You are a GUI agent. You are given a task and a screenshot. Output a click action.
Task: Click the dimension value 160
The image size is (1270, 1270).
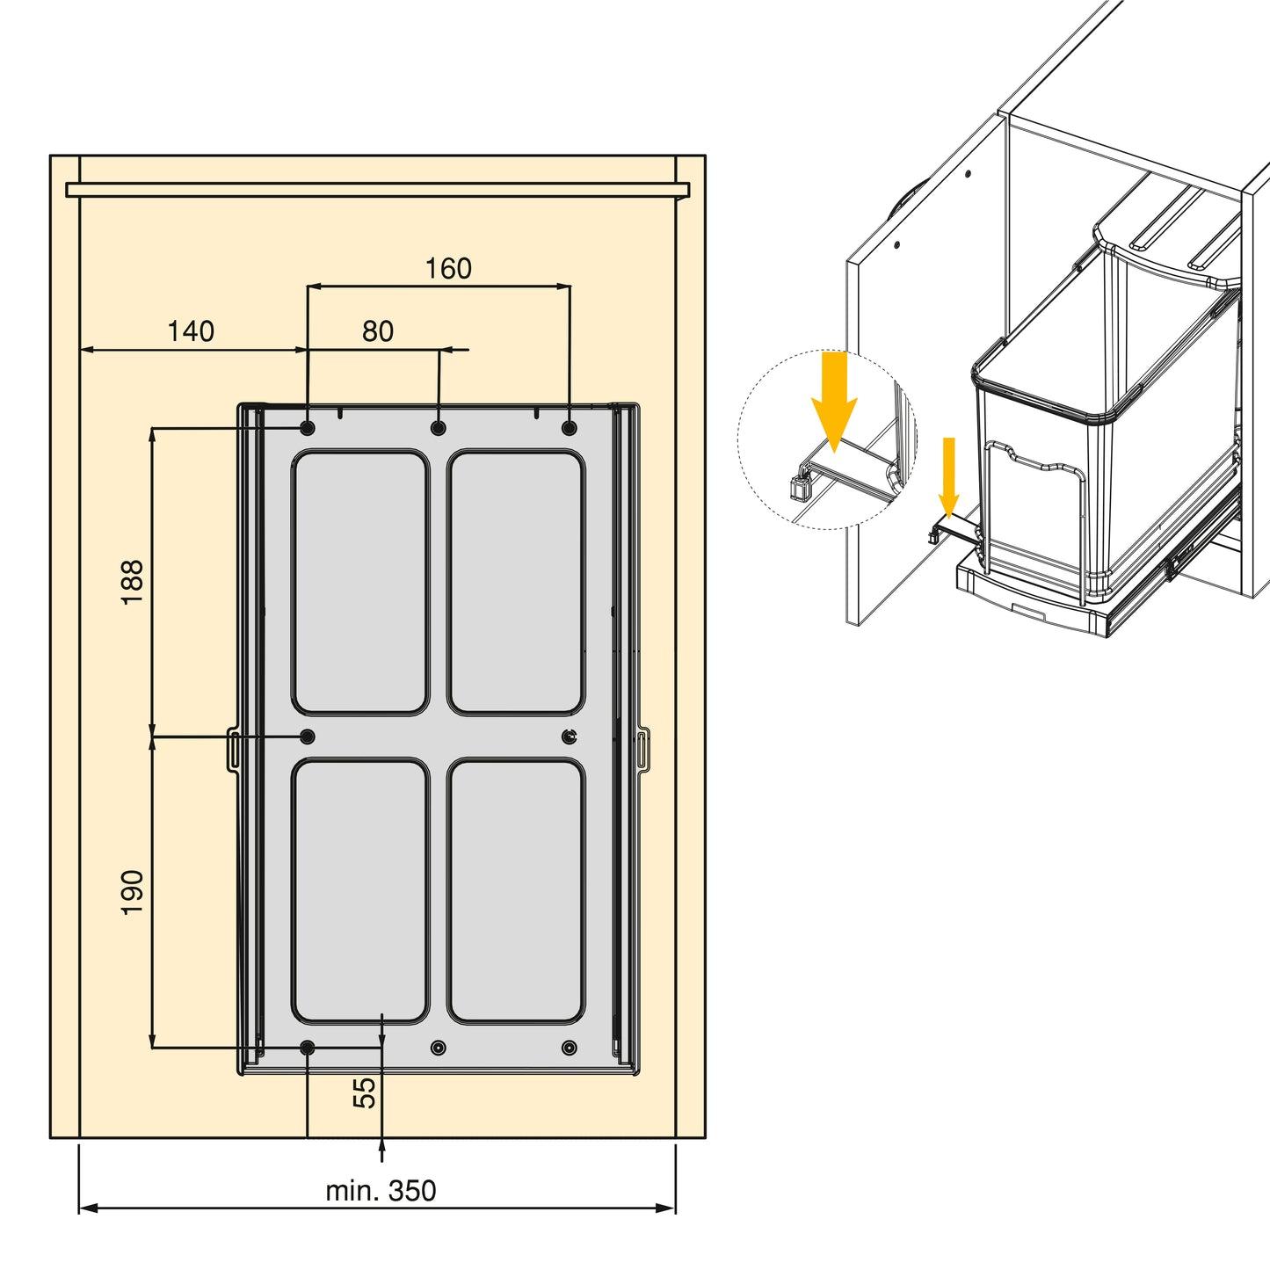pos(448,269)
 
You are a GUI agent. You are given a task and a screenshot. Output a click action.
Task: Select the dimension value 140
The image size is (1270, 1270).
pos(191,331)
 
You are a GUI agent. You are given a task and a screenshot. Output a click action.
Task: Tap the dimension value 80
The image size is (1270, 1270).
pos(378,331)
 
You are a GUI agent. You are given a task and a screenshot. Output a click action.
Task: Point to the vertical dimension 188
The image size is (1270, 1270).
pos(133,582)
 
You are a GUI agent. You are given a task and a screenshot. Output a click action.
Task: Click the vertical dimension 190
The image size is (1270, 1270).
pos(133,892)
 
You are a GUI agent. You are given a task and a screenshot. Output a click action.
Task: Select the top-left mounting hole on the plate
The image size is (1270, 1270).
pos(307,428)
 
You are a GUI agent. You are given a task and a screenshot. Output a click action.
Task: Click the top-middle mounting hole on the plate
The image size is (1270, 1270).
pos(439,428)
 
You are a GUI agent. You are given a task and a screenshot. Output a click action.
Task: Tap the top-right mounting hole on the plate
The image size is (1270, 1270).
pos(570,428)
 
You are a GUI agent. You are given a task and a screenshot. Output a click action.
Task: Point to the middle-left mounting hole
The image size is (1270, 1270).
pos(307,737)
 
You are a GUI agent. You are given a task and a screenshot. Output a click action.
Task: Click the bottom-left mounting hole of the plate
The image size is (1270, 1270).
pos(307,1048)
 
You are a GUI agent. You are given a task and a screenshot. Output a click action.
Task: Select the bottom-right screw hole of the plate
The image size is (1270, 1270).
pos(570,1048)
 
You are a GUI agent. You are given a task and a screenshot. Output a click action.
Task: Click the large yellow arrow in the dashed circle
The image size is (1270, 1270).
pos(834,402)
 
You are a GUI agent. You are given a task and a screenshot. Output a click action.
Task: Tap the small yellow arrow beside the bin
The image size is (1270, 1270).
pos(948,477)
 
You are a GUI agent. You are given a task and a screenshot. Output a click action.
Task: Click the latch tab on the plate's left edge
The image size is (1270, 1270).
pos(233,749)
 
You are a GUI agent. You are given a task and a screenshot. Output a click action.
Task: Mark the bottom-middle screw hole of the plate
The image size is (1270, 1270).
pos(439,1048)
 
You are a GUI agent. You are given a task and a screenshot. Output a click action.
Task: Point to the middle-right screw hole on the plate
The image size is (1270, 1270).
pos(570,737)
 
